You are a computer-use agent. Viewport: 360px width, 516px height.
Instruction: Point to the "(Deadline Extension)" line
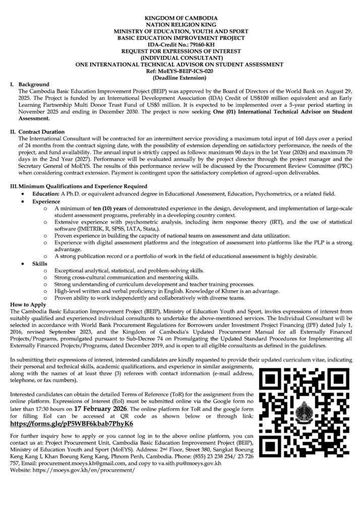point(180,78)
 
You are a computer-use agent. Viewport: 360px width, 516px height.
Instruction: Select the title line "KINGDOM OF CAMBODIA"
point(180,18)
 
